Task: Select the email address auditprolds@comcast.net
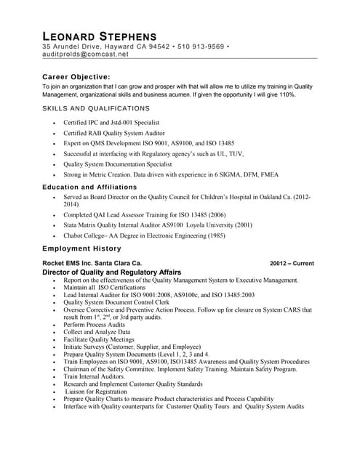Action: point(84,54)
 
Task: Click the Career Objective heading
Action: point(76,76)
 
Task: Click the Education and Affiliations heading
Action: point(89,187)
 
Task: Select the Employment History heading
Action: point(81,248)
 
